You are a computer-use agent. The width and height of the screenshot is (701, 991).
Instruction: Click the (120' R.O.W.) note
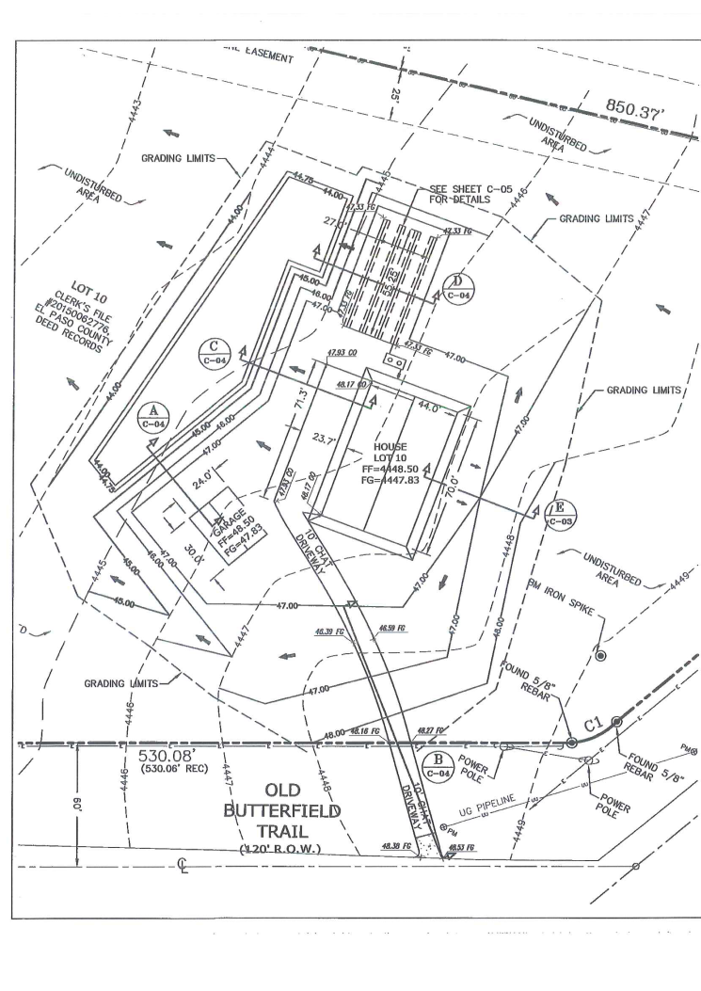pyautogui.click(x=295, y=849)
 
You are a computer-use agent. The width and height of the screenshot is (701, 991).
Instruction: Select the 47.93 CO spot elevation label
pyautogui.click(x=340, y=352)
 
